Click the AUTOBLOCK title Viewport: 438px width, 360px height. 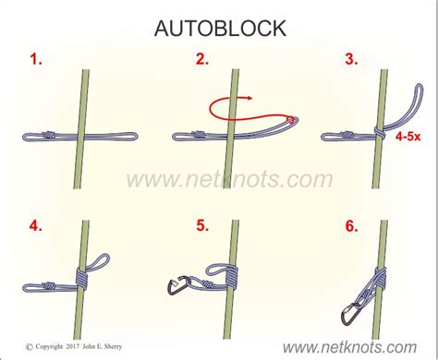220,29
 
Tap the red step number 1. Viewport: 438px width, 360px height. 36,59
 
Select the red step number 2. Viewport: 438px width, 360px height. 202,59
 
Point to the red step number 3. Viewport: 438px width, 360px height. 351,59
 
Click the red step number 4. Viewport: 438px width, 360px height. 36,226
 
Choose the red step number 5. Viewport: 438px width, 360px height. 202,226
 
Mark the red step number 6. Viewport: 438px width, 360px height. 351,226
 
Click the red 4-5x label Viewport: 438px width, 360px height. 408,136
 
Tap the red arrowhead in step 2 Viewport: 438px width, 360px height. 249,98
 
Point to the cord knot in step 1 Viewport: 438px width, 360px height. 49,135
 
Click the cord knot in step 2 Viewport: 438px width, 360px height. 199,135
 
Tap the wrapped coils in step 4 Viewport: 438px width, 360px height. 82,278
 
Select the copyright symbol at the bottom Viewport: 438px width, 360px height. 30,347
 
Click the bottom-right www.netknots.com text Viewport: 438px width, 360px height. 349,347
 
